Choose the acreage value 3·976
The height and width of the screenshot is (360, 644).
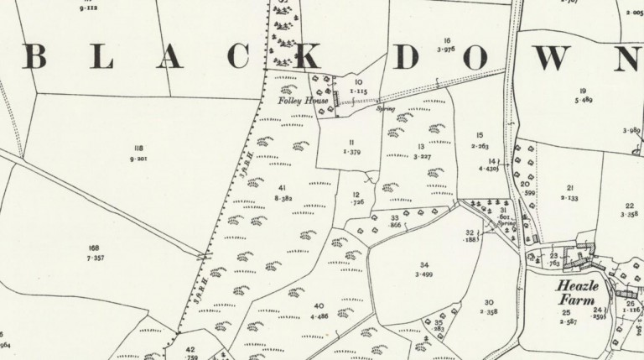point(448,50)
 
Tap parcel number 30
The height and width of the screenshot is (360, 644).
point(488,302)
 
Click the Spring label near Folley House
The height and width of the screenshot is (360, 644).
point(387,109)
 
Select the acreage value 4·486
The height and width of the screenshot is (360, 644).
point(318,316)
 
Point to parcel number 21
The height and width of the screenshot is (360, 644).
point(569,187)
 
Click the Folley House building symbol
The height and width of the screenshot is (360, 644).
point(336,97)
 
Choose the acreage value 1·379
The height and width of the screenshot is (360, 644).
point(351,152)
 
